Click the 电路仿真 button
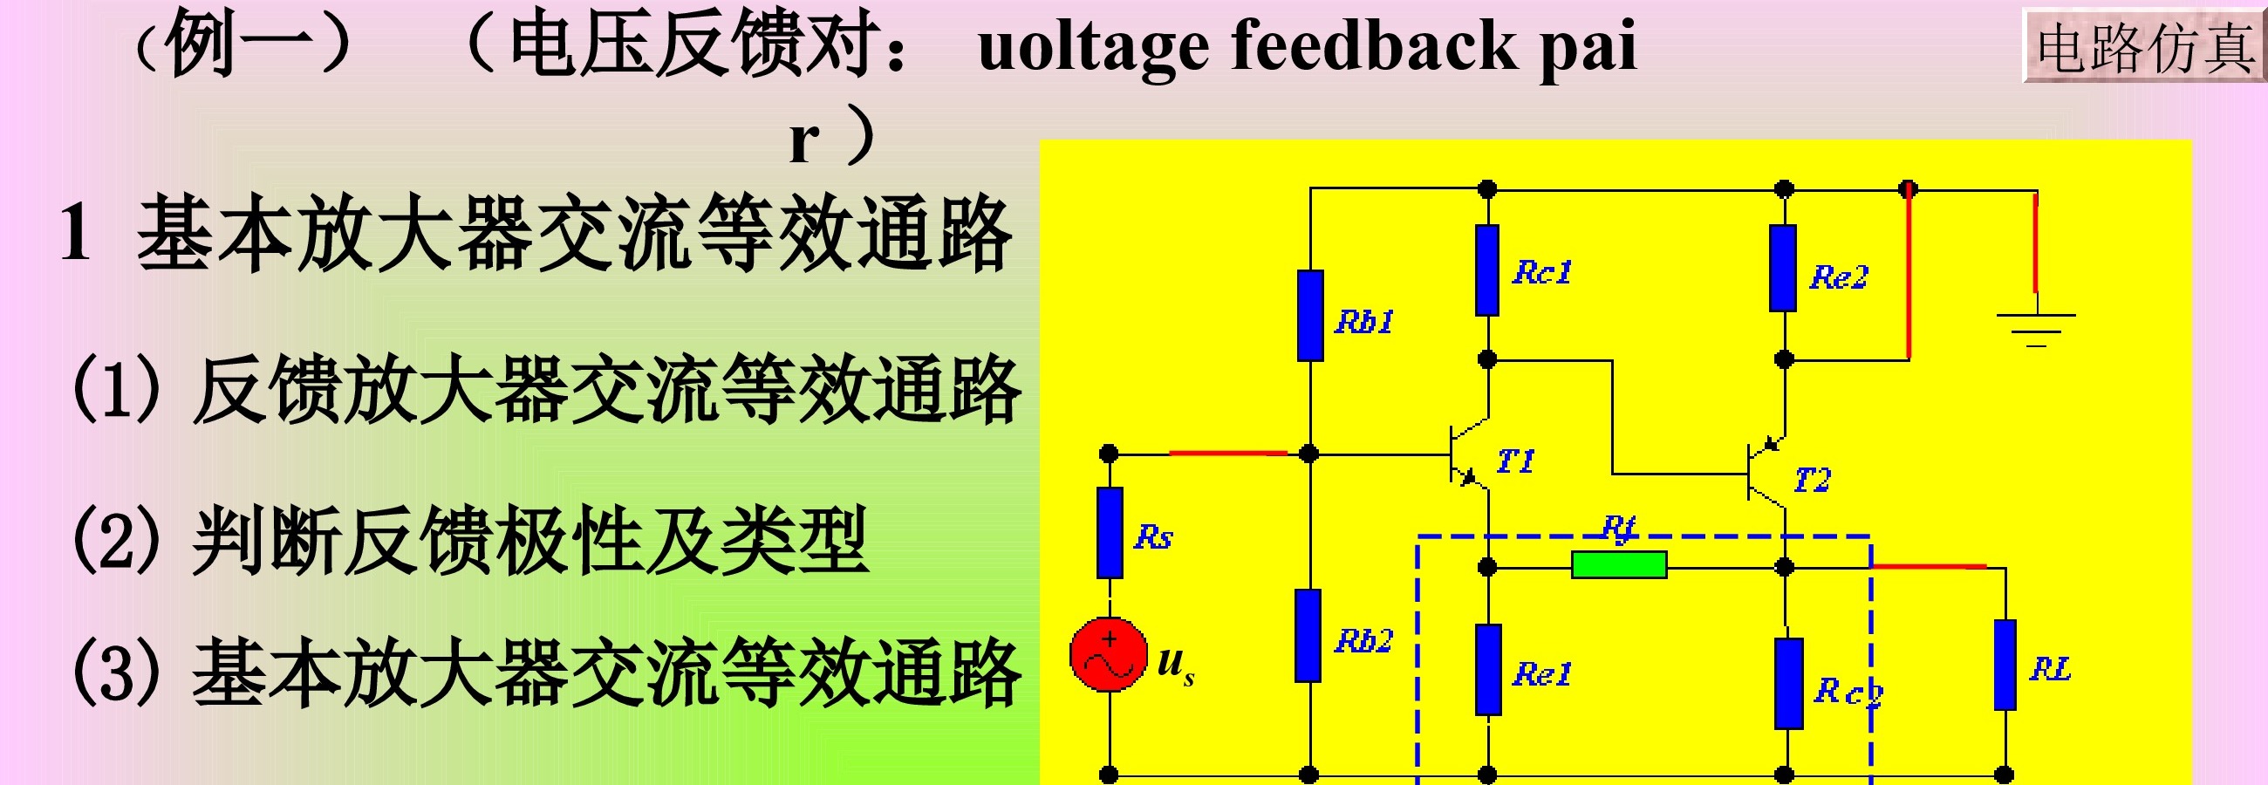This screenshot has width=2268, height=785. tap(2144, 46)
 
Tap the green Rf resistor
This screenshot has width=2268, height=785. tap(1618, 565)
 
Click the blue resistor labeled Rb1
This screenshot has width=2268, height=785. tap(1310, 316)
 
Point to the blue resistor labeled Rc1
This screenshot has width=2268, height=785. tap(1487, 270)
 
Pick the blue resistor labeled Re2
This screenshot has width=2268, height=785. tap(1783, 269)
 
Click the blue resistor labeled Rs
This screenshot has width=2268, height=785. tap(1110, 532)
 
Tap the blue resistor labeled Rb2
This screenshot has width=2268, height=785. tap(1308, 635)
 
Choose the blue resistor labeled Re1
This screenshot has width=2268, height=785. tap(1488, 670)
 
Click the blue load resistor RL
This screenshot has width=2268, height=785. tap(2005, 665)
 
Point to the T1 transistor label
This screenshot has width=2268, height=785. tap(1515, 461)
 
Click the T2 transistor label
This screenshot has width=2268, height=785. tap(1812, 480)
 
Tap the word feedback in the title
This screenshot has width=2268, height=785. tap(1373, 45)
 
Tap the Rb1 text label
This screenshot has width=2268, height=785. tap(1363, 321)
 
